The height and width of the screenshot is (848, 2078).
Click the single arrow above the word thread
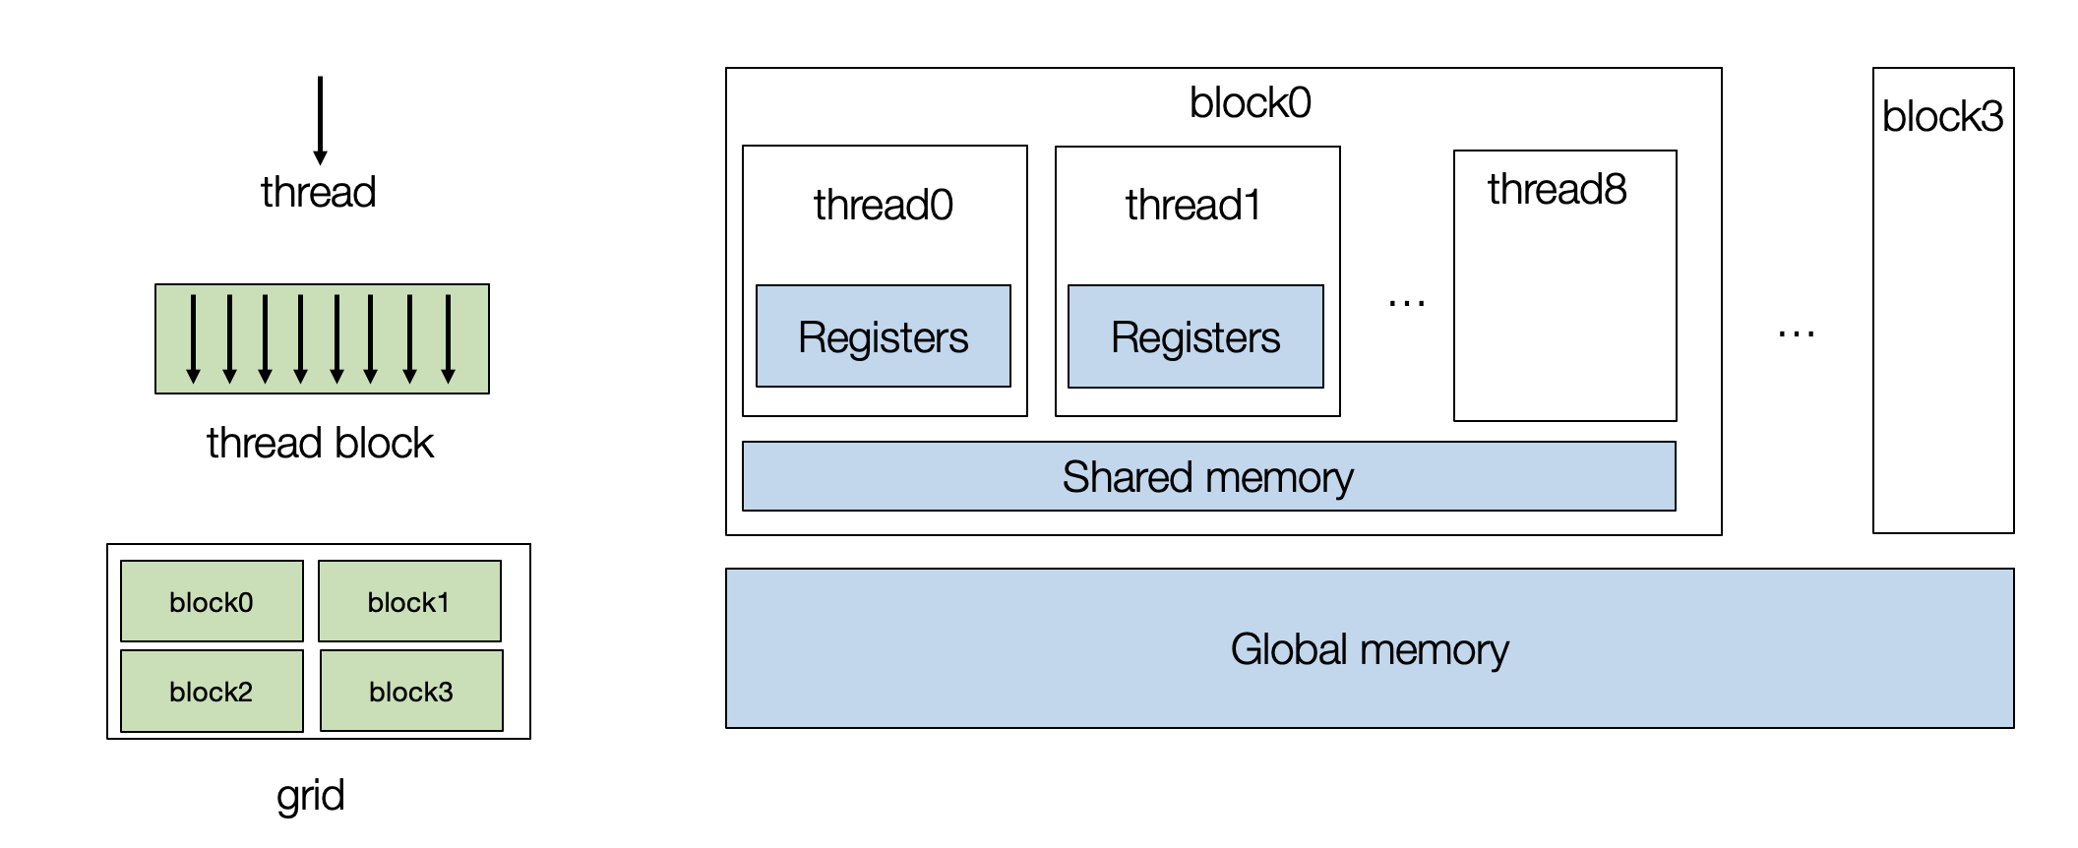pyautogui.click(x=320, y=119)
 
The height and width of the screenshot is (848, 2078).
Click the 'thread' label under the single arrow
pyautogui.click(x=318, y=192)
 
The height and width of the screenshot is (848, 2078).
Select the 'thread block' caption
pyautogui.click(x=320, y=443)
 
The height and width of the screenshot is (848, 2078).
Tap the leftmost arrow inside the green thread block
pyautogui.click(x=193, y=338)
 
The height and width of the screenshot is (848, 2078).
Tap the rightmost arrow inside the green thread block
pyautogui.click(x=448, y=338)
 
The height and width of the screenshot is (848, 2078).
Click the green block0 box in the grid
pyautogui.click(x=212, y=601)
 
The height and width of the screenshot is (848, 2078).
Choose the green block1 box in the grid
pyautogui.click(x=409, y=601)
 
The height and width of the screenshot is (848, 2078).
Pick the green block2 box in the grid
pyautogui.click(x=212, y=691)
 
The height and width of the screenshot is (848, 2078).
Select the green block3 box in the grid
pyautogui.click(x=411, y=691)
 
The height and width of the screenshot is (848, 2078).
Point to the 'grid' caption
pyautogui.click(x=310, y=795)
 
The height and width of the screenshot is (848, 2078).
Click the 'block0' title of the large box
pyautogui.click(x=1250, y=103)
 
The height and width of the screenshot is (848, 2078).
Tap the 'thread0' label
pyautogui.click(x=883, y=206)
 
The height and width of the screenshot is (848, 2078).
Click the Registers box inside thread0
pyautogui.click(x=883, y=336)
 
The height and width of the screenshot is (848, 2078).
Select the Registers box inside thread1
pyautogui.click(x=1195, y=336)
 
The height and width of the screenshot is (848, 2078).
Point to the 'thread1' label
pyautogui.click(x=1192, y=206)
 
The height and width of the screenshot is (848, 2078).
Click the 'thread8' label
pyautogui.click(x=1557, y=189)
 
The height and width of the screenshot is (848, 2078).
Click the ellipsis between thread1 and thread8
pyautogui.click(x=1406, y=304)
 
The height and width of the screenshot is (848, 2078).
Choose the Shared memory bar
pyautogui.click(x=1208, y=477)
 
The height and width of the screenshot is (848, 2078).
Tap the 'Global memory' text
pyautogui.click(x=1369, y=649)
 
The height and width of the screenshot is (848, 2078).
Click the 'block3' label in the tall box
pyautogui.click(x=1942, y=117)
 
